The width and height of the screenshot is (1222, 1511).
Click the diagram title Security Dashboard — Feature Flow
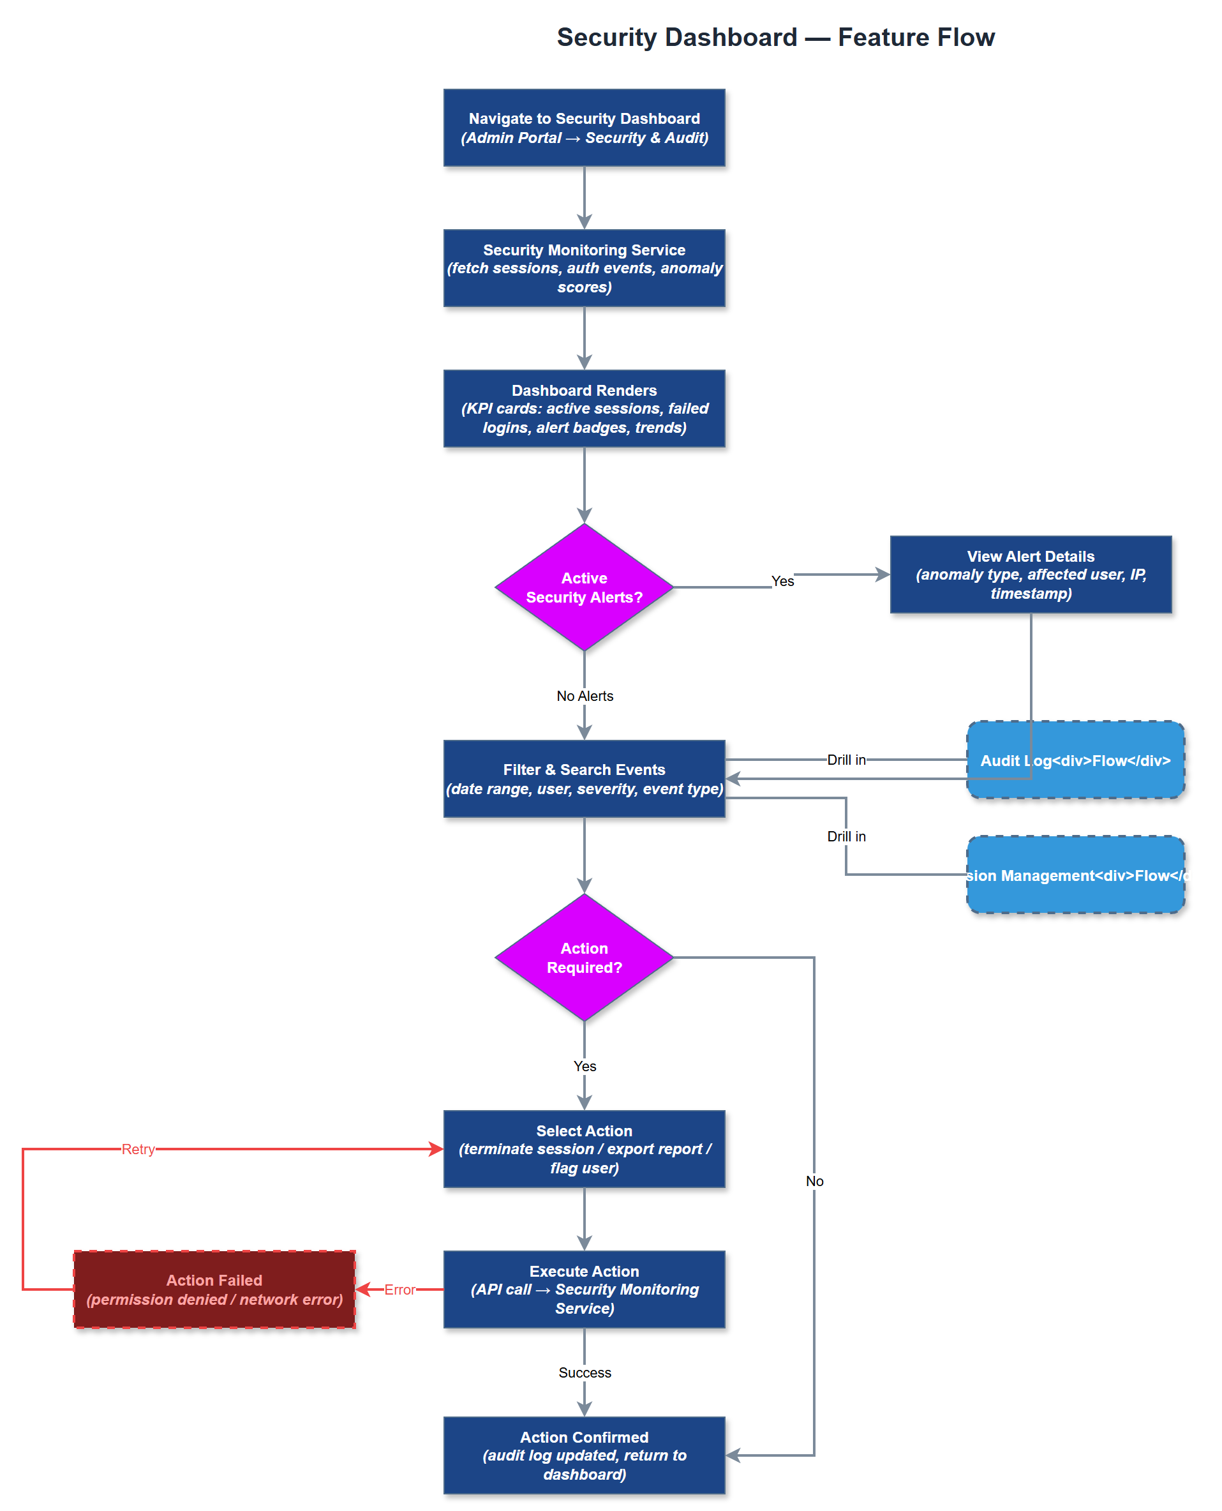[775, 37]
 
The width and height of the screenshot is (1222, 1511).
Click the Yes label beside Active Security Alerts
[782, 581]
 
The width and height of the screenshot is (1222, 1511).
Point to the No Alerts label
[585, 696]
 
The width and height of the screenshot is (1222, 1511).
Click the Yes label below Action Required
[585, 1065]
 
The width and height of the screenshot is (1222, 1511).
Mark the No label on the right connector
[814, 1181]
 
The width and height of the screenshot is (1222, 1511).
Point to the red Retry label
[138, 1148]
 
